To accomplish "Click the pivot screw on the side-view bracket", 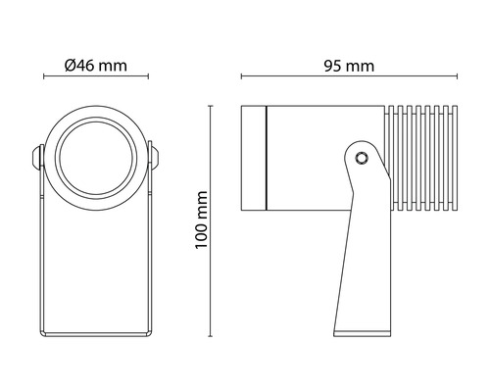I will (361, 157).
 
